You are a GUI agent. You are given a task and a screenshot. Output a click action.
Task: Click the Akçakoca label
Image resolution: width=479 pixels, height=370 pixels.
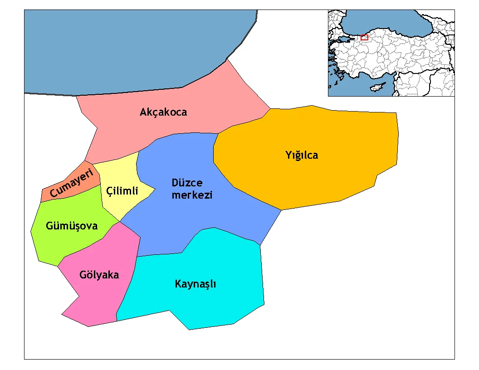pos(163,112)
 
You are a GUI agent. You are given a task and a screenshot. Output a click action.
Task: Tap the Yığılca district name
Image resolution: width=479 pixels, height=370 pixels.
pos(302,155)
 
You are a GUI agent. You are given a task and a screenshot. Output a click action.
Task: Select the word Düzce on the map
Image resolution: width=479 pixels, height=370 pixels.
pos(187,183)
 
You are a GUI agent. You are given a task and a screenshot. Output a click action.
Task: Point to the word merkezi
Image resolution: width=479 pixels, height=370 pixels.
pos(192,195)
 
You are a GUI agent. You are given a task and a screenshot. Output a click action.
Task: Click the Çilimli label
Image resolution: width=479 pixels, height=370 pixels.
pos(122,191)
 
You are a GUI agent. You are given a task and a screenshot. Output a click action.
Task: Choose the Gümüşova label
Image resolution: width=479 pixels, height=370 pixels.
pos(72,225)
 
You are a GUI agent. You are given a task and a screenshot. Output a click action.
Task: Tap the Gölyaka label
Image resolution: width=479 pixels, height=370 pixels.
pos(99,275)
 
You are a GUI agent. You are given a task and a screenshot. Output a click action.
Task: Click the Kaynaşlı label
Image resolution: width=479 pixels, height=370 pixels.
pos(196,284)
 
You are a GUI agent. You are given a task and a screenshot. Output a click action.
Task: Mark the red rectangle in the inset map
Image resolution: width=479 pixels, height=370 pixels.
pos(364,37)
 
